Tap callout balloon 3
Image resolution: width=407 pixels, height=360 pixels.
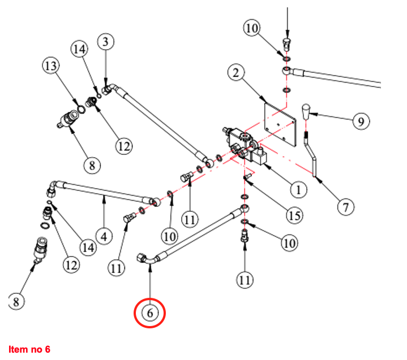click(105, 42)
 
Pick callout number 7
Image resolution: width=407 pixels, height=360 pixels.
click(346, 207)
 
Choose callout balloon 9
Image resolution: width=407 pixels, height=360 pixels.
click(362, 120)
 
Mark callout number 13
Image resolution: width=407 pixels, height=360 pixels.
click(50, 67)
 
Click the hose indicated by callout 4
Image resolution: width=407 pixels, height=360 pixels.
click(108, 192)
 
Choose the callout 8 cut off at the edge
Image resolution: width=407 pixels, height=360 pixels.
click(16, 302)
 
